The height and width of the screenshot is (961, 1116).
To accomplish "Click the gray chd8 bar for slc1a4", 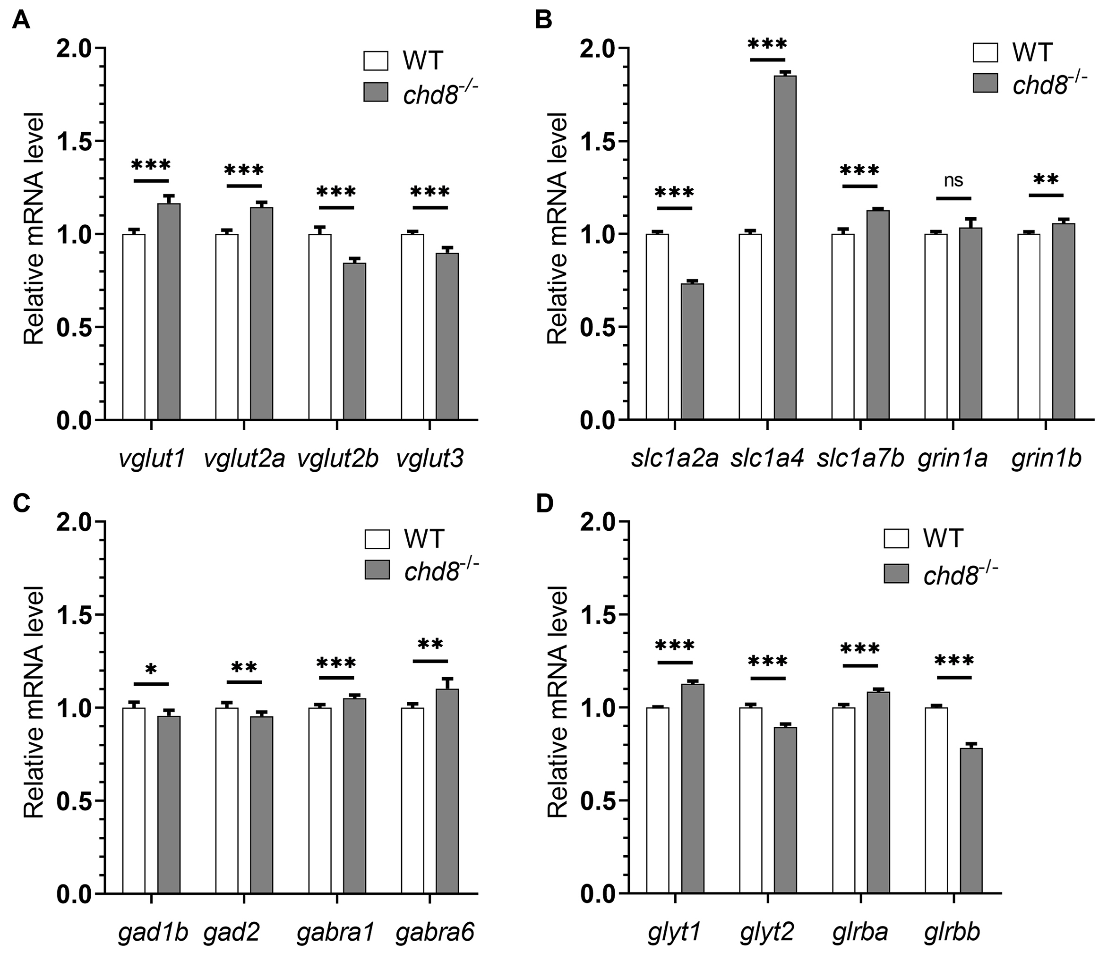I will pos(785,247).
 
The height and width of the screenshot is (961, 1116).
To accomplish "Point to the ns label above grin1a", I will pos(953,180).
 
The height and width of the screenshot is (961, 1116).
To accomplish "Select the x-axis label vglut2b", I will pos(338,459).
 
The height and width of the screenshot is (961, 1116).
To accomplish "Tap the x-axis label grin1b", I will pos(1046,459).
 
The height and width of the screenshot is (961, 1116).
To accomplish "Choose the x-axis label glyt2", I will pos(767,933).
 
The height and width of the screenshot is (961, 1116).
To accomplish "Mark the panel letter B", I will pos(544,22).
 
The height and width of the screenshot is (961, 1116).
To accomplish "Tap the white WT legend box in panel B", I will pos(985,53).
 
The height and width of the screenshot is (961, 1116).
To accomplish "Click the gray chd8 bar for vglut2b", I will pos(354,341).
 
